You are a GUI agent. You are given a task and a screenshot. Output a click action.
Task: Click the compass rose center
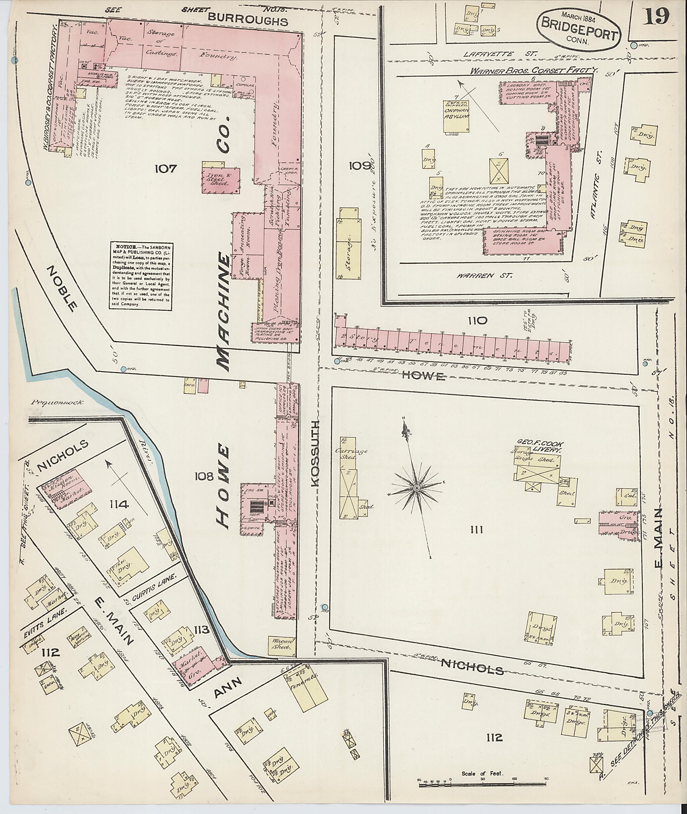pyautogui.click(x=416, y=488)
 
